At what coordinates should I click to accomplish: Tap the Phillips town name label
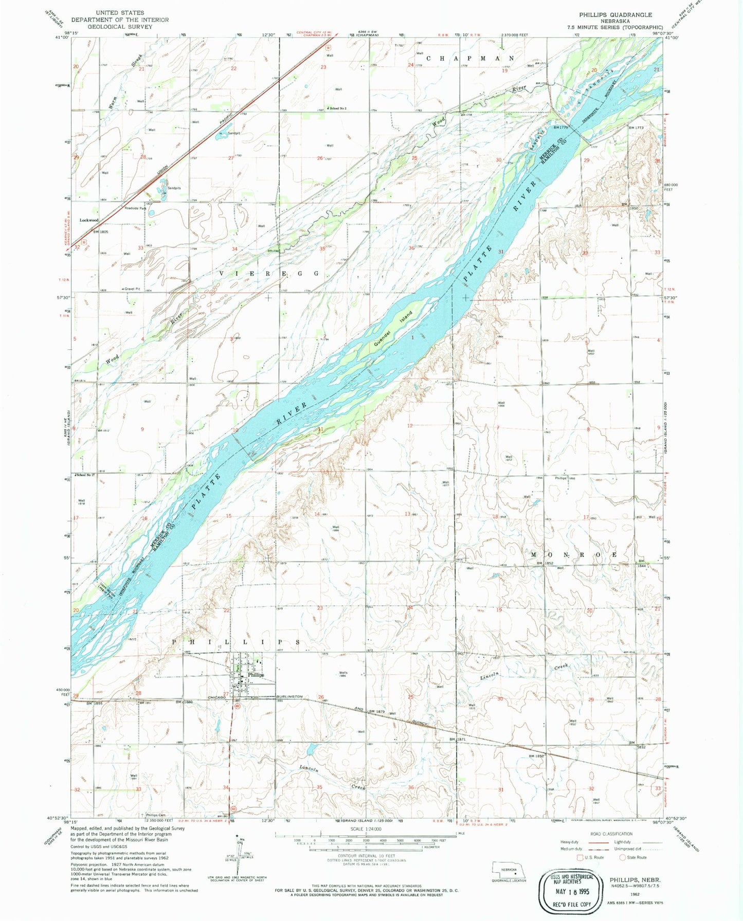(x=256, y=675)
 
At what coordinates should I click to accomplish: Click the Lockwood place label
(x=88, y=220)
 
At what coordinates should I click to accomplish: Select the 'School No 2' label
(x=338, y=109)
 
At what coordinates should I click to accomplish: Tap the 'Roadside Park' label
(x=135, y=208)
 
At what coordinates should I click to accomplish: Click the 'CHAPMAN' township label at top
(x=470, y=58)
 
